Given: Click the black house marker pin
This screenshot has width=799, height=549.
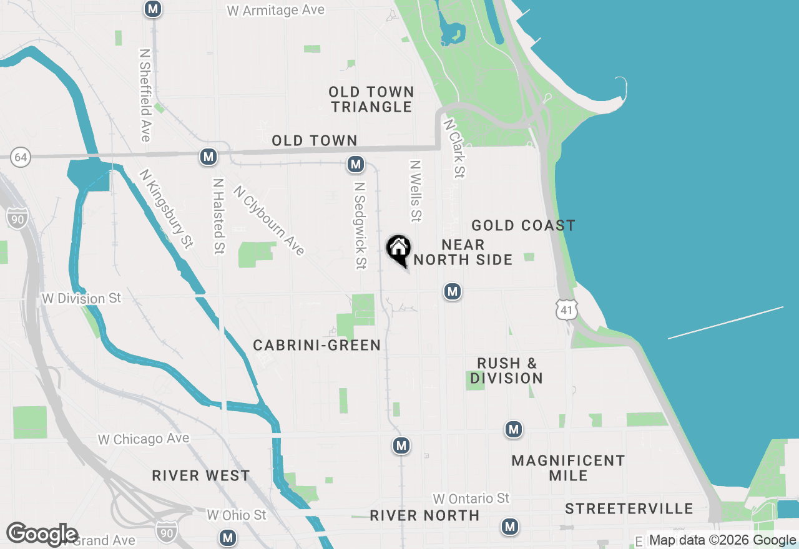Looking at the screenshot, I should click(398, 250).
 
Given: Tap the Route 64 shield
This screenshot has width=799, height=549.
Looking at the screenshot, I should click(21, 157).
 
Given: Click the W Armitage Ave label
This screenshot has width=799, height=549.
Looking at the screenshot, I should click(276, 11).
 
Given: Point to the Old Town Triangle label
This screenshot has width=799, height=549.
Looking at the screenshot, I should click(371, 100).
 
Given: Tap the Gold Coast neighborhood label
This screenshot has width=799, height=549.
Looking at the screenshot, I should click(523, 225).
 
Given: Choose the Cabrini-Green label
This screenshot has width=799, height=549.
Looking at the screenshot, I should click(316, 345).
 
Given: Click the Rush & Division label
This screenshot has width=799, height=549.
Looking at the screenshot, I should click(506, 371).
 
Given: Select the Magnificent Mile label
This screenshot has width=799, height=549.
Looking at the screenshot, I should click(568, 468).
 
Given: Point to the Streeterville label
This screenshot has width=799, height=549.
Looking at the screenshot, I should click(629, 509).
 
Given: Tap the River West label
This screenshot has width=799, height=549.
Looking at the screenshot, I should click(201, 476).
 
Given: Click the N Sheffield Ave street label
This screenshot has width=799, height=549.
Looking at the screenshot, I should click(145, 95).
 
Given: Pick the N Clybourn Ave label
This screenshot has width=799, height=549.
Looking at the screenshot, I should click(269, 220).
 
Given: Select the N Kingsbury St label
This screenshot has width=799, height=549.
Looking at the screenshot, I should click(166, 209).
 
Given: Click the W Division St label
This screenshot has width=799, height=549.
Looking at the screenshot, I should click(81, 298).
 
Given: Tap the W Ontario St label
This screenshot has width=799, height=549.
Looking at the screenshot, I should click(471, 498).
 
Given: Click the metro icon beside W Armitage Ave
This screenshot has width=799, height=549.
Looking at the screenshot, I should click(152, 9).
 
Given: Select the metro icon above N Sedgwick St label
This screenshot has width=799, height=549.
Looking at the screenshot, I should click(356, 164).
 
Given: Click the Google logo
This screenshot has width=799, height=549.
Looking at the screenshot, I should click(42, 535).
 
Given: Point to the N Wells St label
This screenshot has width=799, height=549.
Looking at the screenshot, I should click(415, 191).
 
